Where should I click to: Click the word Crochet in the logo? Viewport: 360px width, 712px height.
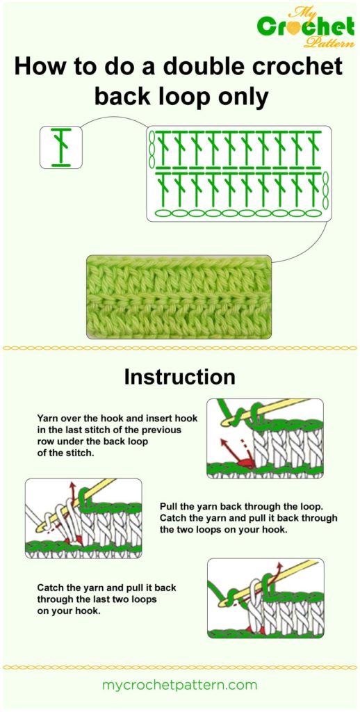(305, 27)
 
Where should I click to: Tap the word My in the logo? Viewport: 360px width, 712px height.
(310, 10)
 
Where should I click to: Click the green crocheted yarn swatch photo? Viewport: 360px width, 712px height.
(178, 296)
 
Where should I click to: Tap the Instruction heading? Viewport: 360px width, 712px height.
(179, 377)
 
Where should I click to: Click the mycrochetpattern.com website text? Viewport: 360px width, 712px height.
(179, 685)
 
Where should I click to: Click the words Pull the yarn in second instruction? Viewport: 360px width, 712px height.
(190, 507)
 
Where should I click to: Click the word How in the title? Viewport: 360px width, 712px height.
(40, 67)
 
